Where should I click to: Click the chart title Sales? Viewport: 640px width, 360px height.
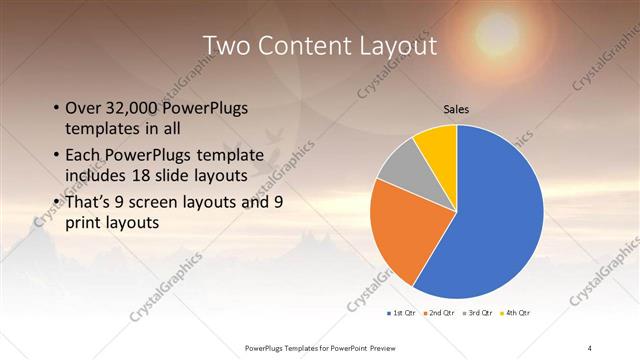point(456,109)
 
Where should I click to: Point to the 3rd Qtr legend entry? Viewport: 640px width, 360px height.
point(478,313)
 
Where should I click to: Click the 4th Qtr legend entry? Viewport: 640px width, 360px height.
point(517,313)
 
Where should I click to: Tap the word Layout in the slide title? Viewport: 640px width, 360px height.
point(397,46)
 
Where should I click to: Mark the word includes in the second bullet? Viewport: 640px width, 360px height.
point(97,176)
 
